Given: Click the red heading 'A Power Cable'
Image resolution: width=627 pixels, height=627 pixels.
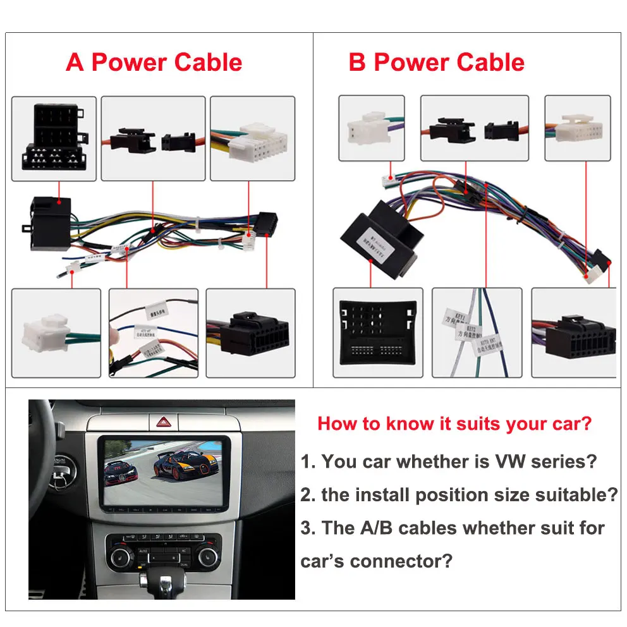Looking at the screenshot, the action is (154, 63).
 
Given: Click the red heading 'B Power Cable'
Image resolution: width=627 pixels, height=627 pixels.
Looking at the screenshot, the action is (436, 63).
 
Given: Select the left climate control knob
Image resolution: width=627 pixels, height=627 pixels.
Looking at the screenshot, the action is (120, 558).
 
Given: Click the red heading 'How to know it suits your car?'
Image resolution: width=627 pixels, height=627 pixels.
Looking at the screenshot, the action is (455, 423).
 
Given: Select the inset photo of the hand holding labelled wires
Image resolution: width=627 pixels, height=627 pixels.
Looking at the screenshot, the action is (154, 332).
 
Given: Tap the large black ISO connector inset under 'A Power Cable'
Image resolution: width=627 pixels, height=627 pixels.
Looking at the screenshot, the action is (54, 138).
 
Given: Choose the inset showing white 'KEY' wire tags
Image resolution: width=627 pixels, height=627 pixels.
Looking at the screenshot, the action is (477, 332).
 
